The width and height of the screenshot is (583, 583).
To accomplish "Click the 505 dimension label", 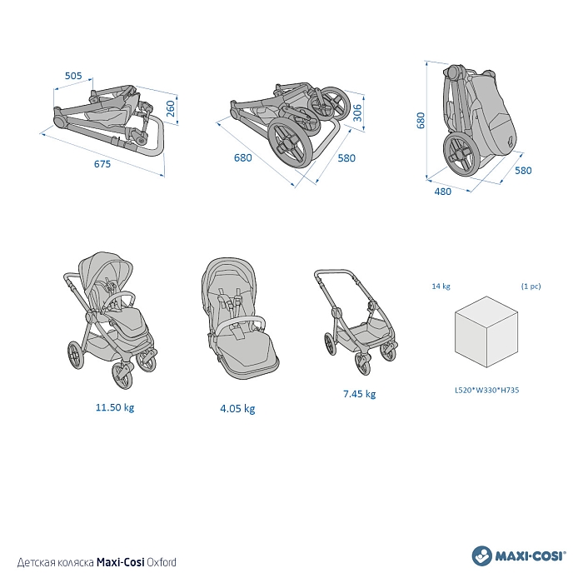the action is point(73,76).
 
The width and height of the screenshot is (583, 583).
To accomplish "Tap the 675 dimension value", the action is point(102,164).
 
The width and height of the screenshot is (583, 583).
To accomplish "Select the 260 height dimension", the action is point(170,108).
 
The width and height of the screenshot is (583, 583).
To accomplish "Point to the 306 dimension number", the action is point(357,112).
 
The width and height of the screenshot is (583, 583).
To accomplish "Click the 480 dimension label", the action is point(443,192).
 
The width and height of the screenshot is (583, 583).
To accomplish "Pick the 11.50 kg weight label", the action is point(115,407).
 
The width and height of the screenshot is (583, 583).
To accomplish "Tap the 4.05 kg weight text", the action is point(237,409).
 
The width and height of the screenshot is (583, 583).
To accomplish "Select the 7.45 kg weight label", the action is point(360,394).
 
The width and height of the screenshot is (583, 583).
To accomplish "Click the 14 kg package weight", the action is point(441,286).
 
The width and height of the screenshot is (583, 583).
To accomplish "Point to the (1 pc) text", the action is point(531,287).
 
